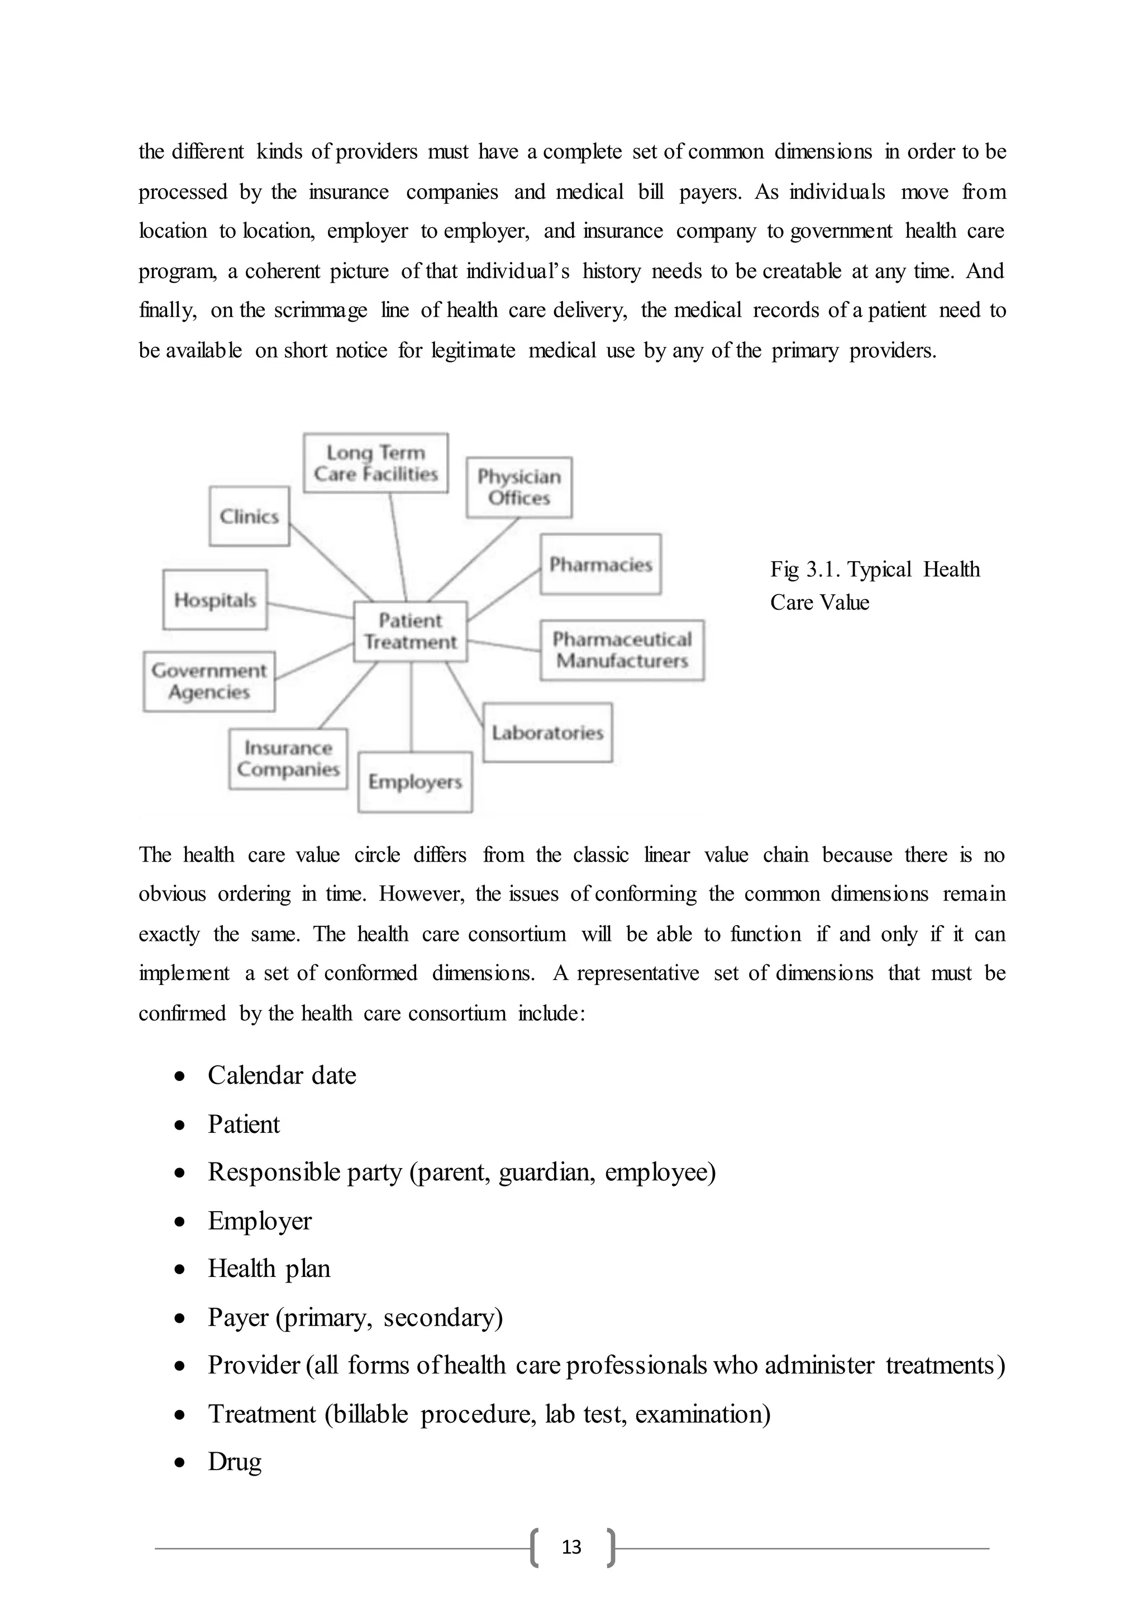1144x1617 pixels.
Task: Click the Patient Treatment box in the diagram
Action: pos(410,632)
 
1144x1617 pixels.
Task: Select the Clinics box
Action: pos(249,516)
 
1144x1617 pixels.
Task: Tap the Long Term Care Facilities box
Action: pos(375,463)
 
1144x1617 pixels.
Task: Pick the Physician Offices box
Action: pos(519,487)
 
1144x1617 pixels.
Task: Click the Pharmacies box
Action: pos(600,564)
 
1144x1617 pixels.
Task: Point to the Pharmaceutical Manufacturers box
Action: pos(622,650)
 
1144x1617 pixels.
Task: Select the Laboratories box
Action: pos(547,733)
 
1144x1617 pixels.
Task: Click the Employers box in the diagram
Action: pos(415,782)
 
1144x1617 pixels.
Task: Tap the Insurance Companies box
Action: pos(288,758)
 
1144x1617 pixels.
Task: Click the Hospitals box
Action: pos(215,600)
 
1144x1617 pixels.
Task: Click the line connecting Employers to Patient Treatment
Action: pos(411,706)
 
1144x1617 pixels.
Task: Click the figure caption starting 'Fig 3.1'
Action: pos(874,585)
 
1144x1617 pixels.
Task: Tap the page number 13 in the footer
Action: pos(571,1547)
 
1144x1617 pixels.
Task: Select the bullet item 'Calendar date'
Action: pos(282,1075)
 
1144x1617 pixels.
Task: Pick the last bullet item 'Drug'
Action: pos(235,1461)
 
